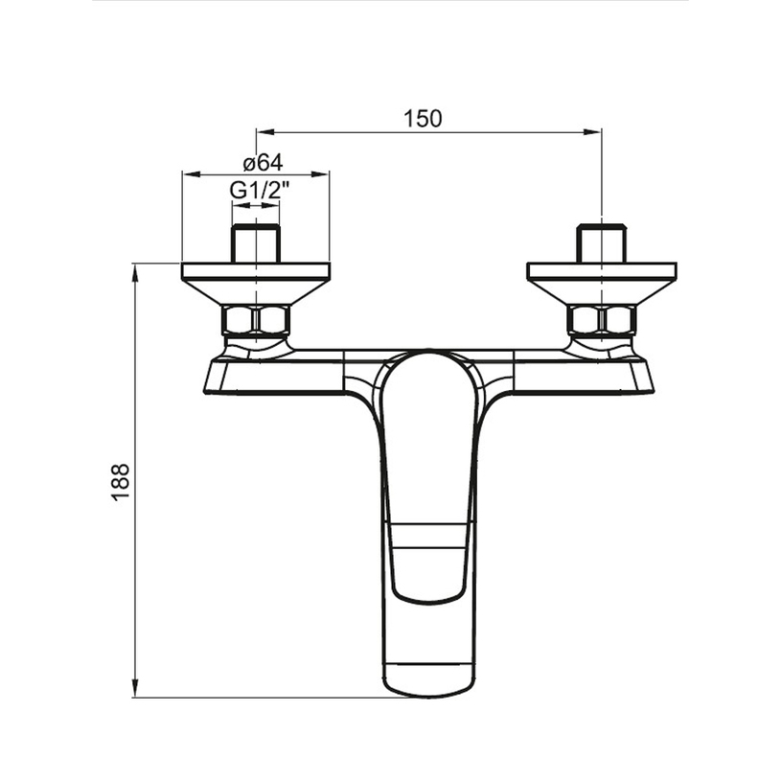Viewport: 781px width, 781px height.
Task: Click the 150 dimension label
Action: pos(423,119)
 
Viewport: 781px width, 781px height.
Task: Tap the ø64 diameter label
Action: pos(263,162)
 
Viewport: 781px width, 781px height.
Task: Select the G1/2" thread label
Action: pos(260,190)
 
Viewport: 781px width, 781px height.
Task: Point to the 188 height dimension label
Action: pos(121,482)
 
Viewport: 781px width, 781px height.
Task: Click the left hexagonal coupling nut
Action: pos(256,320)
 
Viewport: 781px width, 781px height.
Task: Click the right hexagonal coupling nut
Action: pos(602,320)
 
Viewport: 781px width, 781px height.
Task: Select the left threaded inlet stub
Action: pos(256,243)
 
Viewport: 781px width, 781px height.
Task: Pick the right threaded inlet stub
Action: pos(602,243)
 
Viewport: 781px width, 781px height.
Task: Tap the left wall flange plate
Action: pos(256,270)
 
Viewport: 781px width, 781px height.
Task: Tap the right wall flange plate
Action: pos(602,270)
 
